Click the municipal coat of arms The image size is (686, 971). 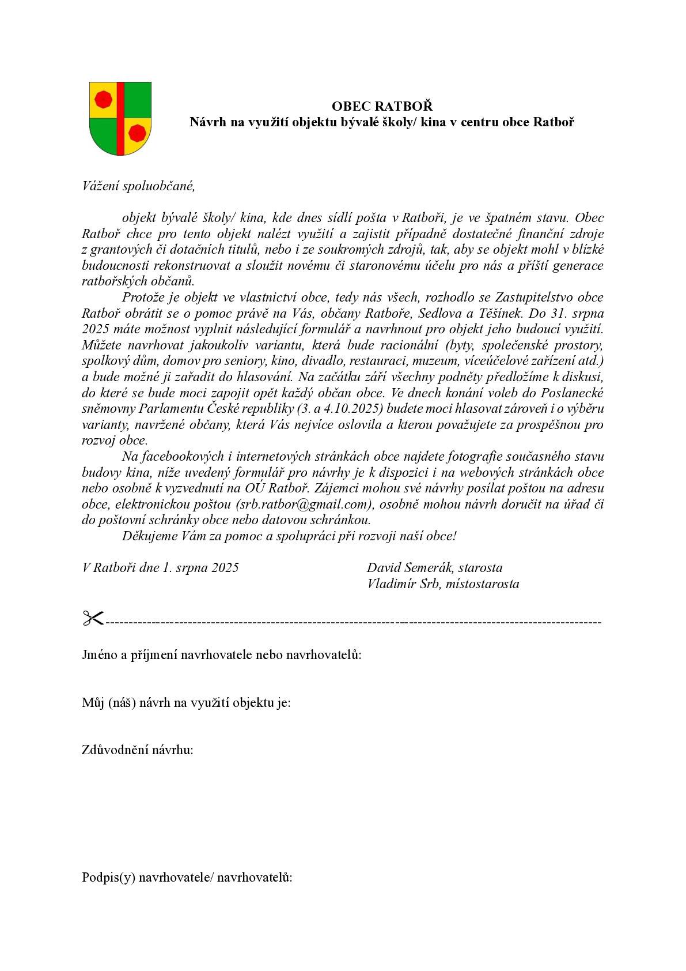pyautogui.click(x=120, y=118)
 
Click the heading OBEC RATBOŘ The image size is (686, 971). pyautogui.click(x=382, y=106)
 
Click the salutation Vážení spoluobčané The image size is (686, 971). pyautogui.click(x=139, y=186)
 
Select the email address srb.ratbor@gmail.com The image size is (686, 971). pyautogui.click(x=301, y=504)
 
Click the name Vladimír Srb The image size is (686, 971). pyautogui.click(x=404, y=584)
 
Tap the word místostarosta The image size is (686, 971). pyautogui.click(x=482, y=584)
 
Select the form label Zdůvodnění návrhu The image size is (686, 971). pyautogui.click(x=137, y=750)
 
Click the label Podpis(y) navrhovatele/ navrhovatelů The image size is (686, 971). pyautogui.click(x=187, y=878)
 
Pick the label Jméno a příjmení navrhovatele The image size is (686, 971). pyautogui.click(x=222, y=654)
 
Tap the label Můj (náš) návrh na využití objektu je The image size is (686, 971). pyautogui.click(x=186, y=702)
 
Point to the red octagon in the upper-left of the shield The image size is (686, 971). pyautogui.click(x=103, y=99)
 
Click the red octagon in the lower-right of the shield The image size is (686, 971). pyautogui.click(x=137, y=133)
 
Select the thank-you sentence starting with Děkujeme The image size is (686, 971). pyautogui.click(x=289, y=536)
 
